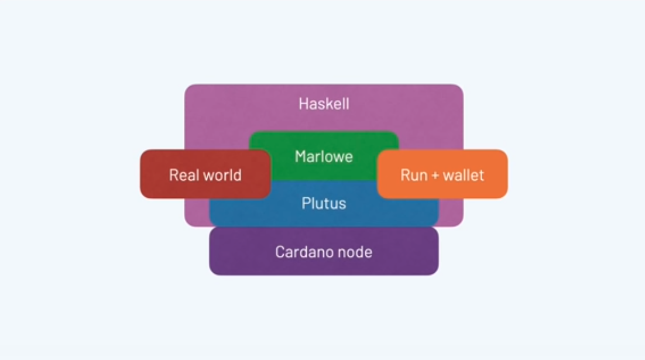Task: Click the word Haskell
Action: pyautogui.click(x=324, y=104)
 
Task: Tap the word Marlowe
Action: pyautogui.click(x=324, y=157)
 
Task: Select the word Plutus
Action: pyautogui.click(x=324, y=204)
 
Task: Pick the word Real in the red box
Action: pyautogui.click(x=183, y=175)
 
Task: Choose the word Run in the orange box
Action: pyautogui.click(x=414, y=175)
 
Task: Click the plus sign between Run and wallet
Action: pyautogui.click(x=435, y=176)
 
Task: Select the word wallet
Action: pyautogui.click(x=464, y=175)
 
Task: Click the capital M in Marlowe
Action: pyautogui.click(x=300, y=157)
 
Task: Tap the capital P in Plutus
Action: pyautogui.click(x=306, y=204)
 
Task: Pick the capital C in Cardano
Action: pyautogui.click(x=280, y=252)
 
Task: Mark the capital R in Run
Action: pyautogui.click(x=404, y=175)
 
